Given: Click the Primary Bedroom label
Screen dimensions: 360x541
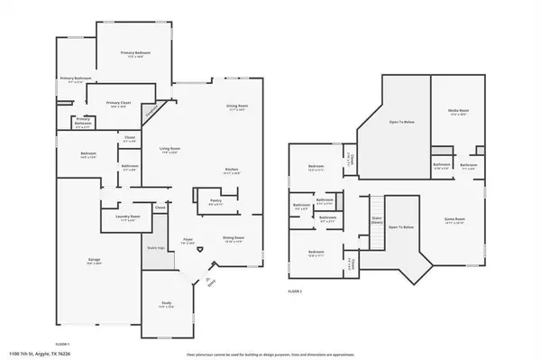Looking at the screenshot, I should point(135,55).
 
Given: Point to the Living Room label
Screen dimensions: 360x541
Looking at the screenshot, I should point(170,148).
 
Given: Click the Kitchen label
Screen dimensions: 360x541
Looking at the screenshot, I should point(232,170).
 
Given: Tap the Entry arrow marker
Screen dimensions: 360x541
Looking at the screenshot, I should point(210,281).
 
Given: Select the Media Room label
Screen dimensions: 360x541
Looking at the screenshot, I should point(459,112).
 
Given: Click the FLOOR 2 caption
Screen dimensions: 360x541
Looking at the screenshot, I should point(295,291).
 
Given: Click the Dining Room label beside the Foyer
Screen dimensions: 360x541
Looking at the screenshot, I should point(234,238).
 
